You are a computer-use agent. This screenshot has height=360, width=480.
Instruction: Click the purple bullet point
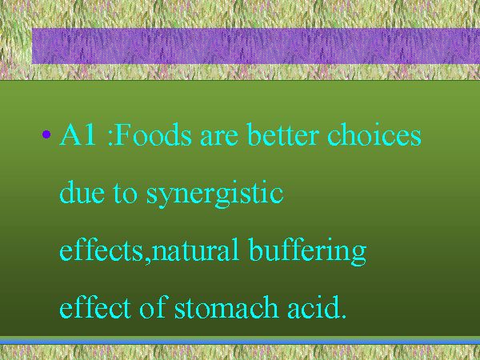[46, 134]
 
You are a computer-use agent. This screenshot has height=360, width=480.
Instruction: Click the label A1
[78, 134]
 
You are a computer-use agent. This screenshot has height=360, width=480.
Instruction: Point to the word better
[283, 134]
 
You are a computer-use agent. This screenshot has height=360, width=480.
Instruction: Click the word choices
[374, 134]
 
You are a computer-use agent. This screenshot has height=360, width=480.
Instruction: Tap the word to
[126, 194]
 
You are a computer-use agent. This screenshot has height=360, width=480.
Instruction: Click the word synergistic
[215, 194]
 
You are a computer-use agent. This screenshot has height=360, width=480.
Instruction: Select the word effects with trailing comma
[106, 250]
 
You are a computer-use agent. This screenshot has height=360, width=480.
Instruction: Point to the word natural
[195, 250]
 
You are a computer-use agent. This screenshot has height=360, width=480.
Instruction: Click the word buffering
[307, 251]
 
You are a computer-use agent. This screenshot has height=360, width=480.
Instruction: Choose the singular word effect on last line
[95, 306]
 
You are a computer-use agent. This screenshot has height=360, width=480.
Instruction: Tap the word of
[153, 306]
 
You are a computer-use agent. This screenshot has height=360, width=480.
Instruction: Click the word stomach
[226, 306]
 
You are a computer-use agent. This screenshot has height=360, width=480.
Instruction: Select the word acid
[314, 306]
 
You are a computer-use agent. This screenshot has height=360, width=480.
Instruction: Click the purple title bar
[256, 46]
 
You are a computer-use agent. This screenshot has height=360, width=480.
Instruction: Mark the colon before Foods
[110, 138]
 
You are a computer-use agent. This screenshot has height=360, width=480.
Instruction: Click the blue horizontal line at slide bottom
[240, 341]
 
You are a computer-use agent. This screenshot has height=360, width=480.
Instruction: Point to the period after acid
[343, 316]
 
